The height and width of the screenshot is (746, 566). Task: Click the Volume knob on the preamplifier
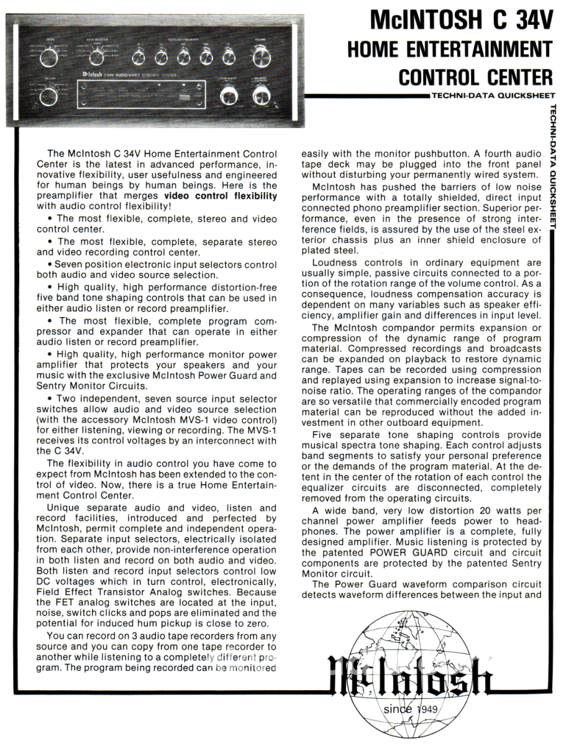point(262,58)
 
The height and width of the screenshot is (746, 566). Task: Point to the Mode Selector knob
point(96,58)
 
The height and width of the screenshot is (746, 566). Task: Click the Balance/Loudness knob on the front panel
point(261,96)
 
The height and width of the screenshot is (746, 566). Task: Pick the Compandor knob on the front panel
point(228,96)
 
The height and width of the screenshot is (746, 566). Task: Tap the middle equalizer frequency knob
point(183,58)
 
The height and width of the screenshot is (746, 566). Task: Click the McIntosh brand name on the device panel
point(92,73)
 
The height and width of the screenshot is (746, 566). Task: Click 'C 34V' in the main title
point(515,21)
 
